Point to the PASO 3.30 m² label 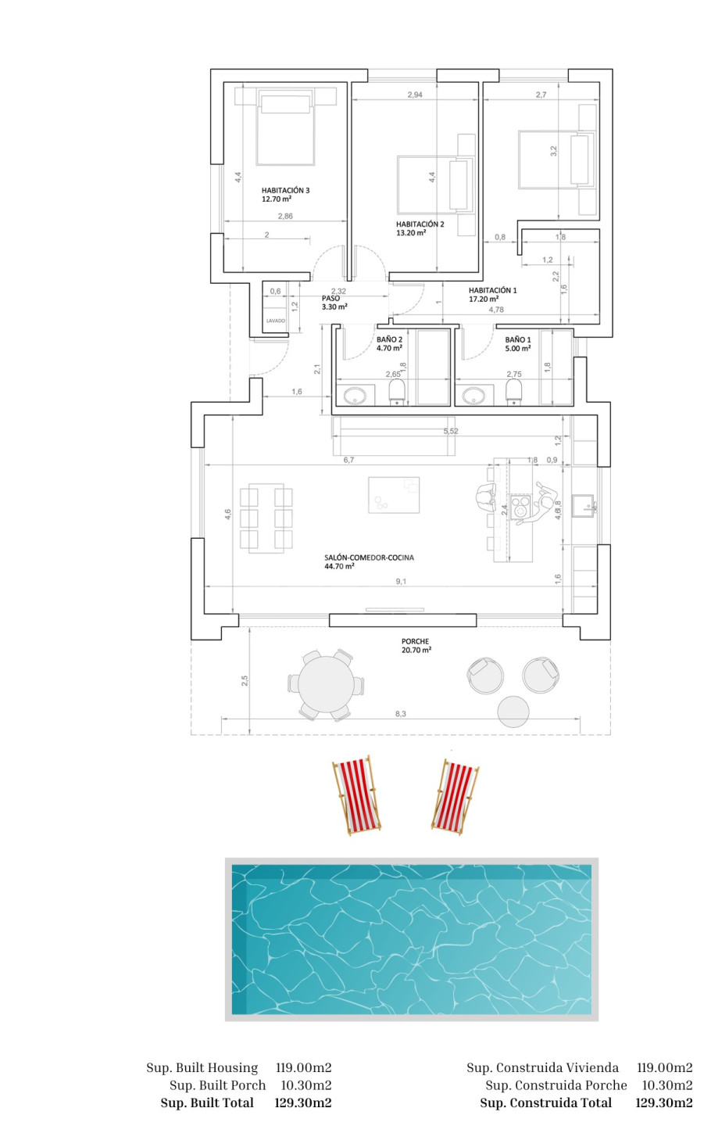click(334, 303)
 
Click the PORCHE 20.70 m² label click(416, 645)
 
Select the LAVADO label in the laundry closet click(276, 321)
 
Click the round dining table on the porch click(326, 685)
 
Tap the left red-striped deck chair click(356, 795)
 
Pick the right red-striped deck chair click(456, 797)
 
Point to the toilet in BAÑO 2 click(397, 392)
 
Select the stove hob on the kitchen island click(520, 506)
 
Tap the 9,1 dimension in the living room click(401, 582)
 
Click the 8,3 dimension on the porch click(400, 714)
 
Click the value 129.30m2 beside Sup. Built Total click(303, 1103)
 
